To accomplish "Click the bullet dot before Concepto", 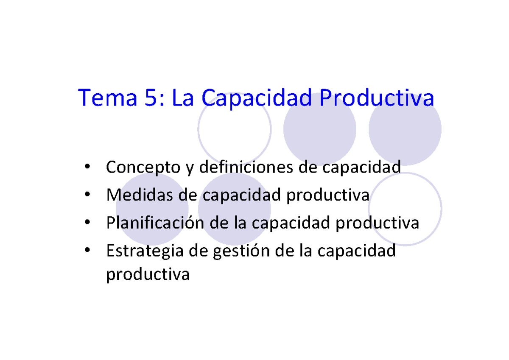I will click(x=87, y=167).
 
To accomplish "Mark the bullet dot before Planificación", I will click(x=87, y=223).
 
